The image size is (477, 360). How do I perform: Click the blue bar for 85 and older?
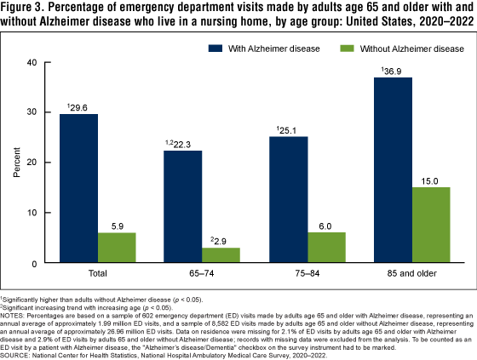tap(393, 169)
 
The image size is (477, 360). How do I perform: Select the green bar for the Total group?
tap(117, 248)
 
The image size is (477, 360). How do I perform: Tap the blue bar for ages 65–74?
tap(183, 207)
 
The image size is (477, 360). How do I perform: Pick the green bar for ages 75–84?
tap(327, 247)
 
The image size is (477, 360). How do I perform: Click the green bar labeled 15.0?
tap(431, 225)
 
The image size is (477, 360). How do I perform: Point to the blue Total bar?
tap(78, 188)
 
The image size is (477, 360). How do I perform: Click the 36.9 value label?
tap(393, 71)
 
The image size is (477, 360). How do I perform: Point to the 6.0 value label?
tap(325, 226)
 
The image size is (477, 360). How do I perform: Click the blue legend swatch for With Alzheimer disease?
tap(216, 49)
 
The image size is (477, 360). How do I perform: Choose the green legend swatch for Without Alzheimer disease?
tap(347, 49)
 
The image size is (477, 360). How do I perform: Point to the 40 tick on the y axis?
tap(32, 62)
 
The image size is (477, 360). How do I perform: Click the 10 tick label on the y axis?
tap(32, 213)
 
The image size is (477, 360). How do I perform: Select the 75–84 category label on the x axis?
tap(307, 273)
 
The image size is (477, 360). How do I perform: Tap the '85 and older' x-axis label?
tap(412, 273)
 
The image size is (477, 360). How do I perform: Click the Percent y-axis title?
tap(16, 162)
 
